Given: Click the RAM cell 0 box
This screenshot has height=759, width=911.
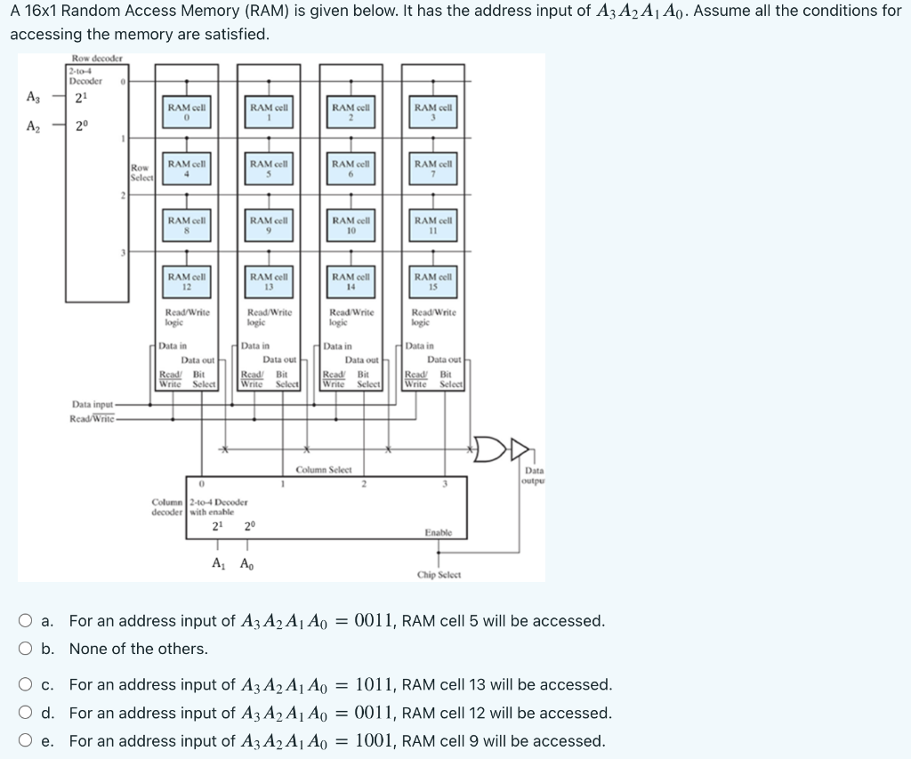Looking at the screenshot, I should click(x=187, y=112).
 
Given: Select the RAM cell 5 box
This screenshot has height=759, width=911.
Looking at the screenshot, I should click(x=269, y=169).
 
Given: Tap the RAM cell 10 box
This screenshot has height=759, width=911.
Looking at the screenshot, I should click(x=351, y=225).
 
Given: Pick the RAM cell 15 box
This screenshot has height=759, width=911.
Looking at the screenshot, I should click(x=432, y=282).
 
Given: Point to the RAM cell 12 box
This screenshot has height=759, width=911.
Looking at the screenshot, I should click(x=187, y=282).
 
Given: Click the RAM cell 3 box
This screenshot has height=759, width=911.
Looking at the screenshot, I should click(x=432, y=112).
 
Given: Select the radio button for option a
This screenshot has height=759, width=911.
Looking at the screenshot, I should click(x=28, y=621).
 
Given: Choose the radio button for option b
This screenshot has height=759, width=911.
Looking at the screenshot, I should click(x=28, y=650).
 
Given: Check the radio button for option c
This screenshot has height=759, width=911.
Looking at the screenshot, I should click(x=28, y=685).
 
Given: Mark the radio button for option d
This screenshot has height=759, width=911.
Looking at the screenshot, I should click(x=28, y=714).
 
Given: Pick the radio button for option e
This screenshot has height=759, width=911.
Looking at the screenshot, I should click(x=28, y=741).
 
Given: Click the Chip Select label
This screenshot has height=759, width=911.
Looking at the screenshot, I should click(x=439, y=575).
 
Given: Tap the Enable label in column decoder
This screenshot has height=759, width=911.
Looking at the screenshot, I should click(x=438, y=532).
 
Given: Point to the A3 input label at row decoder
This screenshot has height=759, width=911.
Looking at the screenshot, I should click(x=33, y=98).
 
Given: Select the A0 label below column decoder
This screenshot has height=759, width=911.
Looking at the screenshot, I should click(x=246, y=563).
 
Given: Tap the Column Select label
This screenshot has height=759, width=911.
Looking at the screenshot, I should click(x=324, y=470).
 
